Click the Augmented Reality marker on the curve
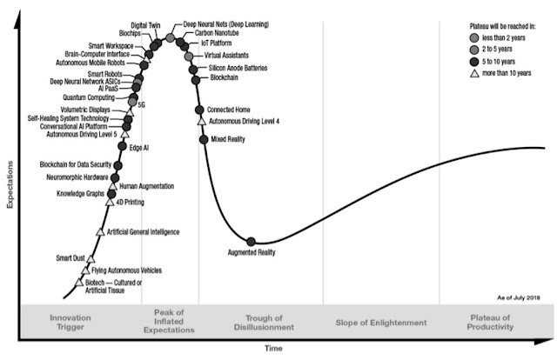[x=252, y=241]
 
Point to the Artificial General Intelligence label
[x=143, y=232]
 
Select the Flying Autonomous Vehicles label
[x=126, y=271]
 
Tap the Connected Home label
[x=228, y=110]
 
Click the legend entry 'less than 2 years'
[x=509, y=41]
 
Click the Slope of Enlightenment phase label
[x=379, y=323]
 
